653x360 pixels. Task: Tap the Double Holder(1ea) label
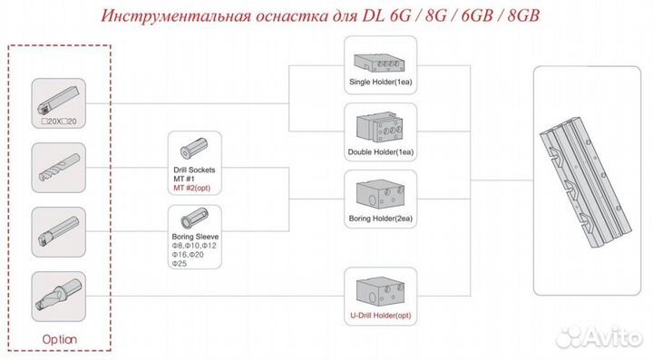(380, 151)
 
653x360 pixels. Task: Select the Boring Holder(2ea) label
(381, 219)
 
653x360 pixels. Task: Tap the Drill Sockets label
(193, 170)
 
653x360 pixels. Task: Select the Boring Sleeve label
(193, 236)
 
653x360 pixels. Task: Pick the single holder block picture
(380, 60)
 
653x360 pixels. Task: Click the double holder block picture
(380, 127)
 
